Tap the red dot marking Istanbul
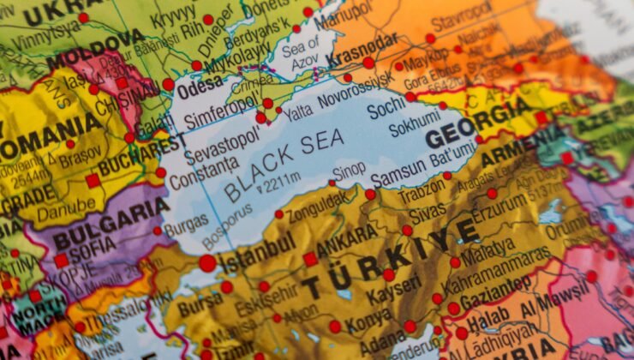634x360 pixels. (207, 263)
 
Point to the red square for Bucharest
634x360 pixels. (93, 181)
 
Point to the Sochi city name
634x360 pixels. (386, 109)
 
